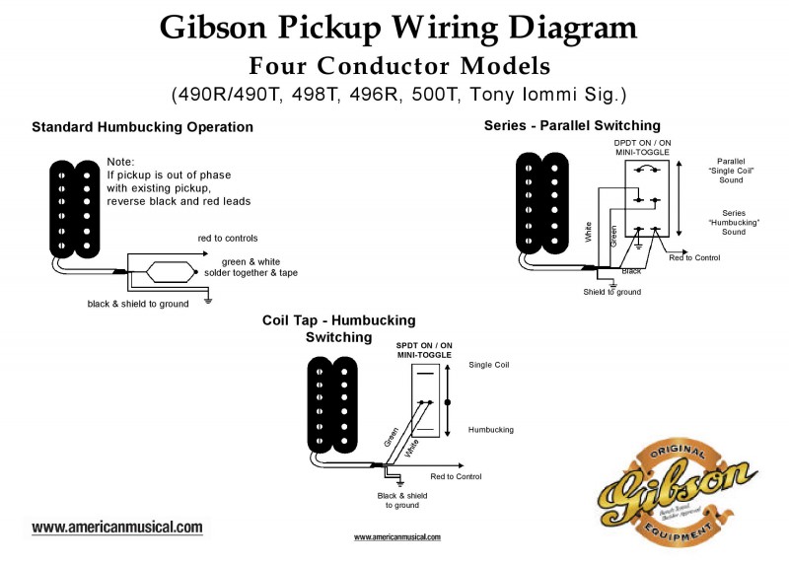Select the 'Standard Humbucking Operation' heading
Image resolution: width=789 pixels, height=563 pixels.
pyautogui.click(x=142, y=127)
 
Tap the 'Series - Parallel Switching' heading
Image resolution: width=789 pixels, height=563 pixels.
pyautogui.click(x=572, y=125)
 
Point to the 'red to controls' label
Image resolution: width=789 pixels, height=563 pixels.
pyautogui.click(x=228, y=239)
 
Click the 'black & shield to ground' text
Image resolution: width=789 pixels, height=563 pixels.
pyautogui.click(x=137, y=304)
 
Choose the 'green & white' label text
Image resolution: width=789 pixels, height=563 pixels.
pyautogui.click(x=251, y=260)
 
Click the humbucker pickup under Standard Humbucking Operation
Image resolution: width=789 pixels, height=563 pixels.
pyautogui.click(x=74, y=207)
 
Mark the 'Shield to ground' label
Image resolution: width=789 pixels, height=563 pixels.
pyautogui.click(x=611, y=292)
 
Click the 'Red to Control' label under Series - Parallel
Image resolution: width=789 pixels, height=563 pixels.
pyautogui.click(x=694, y=257)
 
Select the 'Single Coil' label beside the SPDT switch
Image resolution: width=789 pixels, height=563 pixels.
pyautogui.click(x=489, y=365)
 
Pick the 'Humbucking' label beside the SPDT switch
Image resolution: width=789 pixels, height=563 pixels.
pyautogui.click(x=491, y=430)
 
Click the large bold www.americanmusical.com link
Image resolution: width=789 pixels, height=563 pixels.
pyautogui.click(x=117, y=528)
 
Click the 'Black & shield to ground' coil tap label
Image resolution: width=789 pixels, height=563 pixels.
pyautogui.click(x=402, y=500)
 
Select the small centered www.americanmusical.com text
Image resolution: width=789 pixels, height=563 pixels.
pyautogui.click(x=397, y=537)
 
